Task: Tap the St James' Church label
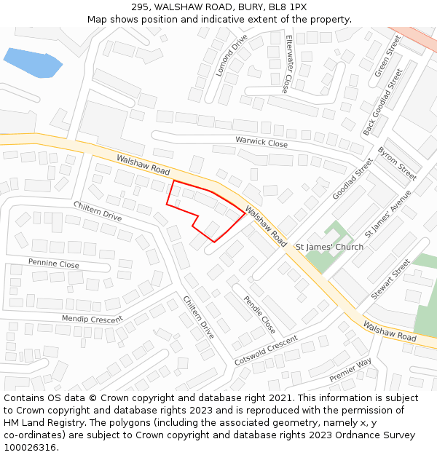coord(329,247)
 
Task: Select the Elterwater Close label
coord(289,63)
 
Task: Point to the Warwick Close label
coord(261,142)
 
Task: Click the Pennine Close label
coord(54,264)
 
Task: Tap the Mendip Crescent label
coord(92,319)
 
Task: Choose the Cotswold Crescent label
coord(266,351)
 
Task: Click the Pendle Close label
coord(259,314)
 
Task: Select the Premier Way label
coord(350,370)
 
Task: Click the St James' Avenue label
coord(383,213)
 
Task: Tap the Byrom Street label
coord(397,163)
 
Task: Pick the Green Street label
coord(388,57)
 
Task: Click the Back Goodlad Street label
coord(382,103)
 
